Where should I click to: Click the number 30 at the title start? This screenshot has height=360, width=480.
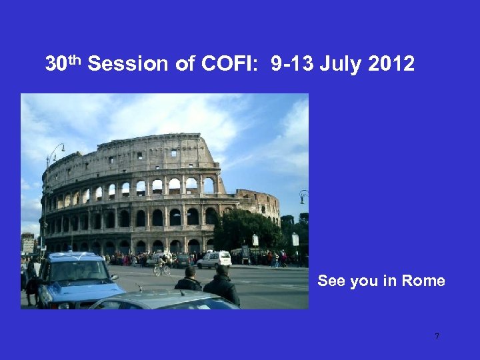tap(55, 65)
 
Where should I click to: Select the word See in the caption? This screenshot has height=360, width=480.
tap(331, 281)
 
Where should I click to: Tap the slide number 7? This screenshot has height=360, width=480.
tap(437, 337)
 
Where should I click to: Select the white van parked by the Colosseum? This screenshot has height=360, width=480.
tap(215, 259)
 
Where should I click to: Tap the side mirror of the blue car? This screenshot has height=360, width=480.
tap(113, 277)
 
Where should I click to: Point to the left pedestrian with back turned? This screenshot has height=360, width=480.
tap(189, 279)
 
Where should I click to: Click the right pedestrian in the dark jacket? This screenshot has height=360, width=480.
tap(222, 285)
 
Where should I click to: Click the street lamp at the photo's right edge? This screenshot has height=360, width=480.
tap(303, 196)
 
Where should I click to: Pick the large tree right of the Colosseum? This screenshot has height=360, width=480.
tap(247, 228)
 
